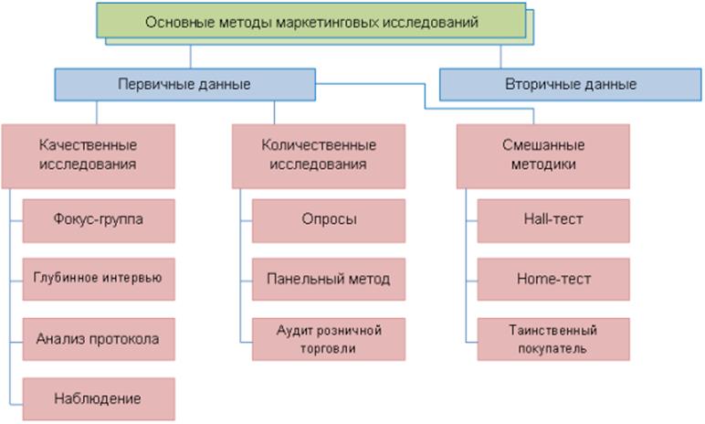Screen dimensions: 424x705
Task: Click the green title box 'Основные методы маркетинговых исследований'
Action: coord(310,20)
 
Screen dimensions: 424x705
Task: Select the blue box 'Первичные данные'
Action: coord(184,84)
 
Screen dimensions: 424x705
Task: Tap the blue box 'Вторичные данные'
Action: coord(570,84)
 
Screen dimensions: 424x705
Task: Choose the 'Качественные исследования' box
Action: coord(89,154)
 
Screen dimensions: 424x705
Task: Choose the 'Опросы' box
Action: coord(329,219)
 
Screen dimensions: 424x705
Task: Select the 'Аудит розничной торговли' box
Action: coord(329,339)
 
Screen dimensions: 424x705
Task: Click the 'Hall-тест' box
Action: coord(554,219)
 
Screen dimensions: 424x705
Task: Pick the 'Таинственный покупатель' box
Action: coord(554,339)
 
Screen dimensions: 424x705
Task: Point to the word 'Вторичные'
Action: coord(541,84)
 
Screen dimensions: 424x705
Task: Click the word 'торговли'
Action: coord(329,348)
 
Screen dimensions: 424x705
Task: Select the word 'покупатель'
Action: coord(554,348)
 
